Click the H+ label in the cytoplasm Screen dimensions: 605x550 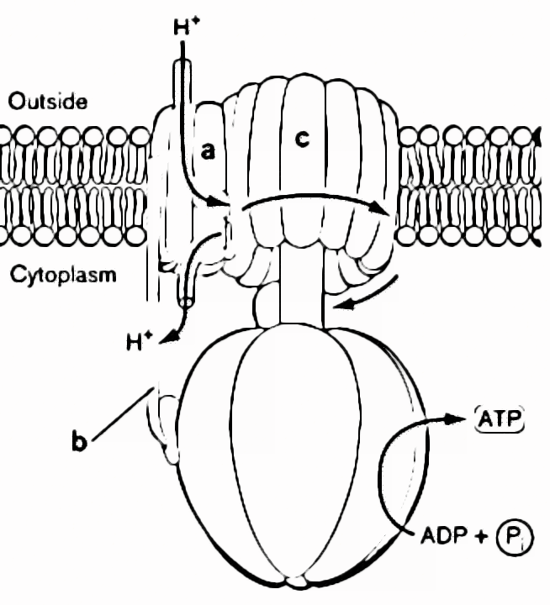(140, 342)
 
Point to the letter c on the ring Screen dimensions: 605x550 (300, 140)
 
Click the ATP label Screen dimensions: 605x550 (500, 418)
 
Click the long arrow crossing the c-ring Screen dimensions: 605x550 (311, 200)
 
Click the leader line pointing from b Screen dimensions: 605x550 (122, 414)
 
